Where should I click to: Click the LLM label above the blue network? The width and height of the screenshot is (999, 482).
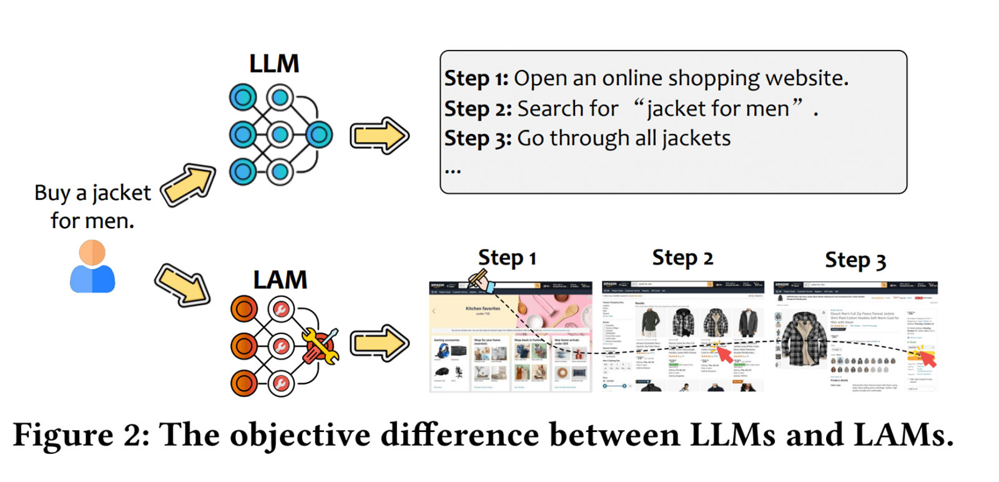click(274, 64)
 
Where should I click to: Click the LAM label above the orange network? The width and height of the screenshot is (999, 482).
click(280, 280)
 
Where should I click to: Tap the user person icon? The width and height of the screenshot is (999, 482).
click(92, 268)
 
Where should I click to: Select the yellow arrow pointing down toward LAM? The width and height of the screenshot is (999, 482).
click(182, 284)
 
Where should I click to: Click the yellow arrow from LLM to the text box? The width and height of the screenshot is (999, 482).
click(379, 135)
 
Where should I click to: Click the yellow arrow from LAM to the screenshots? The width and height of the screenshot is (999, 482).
click(379, 343)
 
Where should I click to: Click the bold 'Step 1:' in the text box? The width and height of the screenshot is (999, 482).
click(476, 79)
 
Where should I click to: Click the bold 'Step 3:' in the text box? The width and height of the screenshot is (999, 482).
click(478, 139)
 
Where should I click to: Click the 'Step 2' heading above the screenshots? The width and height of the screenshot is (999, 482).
click(682, 258)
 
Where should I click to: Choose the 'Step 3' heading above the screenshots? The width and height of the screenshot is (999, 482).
click(855, 260)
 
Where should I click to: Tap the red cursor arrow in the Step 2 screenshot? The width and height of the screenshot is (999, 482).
click(724, 354)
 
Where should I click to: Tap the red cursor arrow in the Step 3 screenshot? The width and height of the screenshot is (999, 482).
click(928, 358)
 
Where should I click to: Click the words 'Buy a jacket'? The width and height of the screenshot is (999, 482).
click(92, 193)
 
